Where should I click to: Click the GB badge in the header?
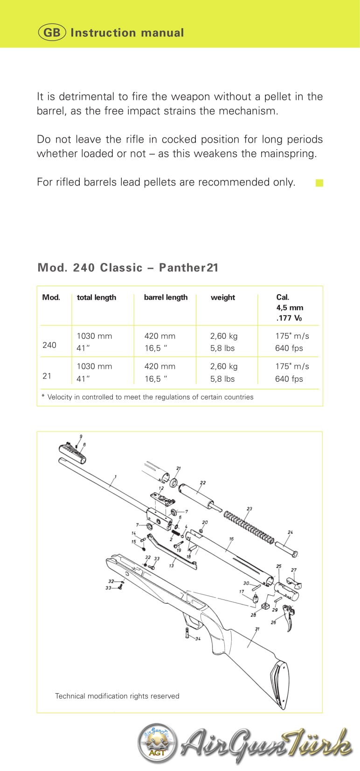point(52,33)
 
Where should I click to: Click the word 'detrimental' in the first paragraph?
point(85,96)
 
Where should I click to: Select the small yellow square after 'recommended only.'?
point(319,183)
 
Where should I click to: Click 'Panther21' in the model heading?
point(189,268)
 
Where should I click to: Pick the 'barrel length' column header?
point(166,297)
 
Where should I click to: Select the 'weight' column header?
point(223,297)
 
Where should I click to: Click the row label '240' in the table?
point(49,345)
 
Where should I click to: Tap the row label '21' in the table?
point(47,376)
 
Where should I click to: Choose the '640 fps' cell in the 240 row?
point(289,348)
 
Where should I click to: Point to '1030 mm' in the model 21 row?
point(94,366)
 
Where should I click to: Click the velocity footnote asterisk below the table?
point(43,397)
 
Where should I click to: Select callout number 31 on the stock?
point(257,629)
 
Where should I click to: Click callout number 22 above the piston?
point(203,483)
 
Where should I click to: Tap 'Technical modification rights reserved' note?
point(117,696)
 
